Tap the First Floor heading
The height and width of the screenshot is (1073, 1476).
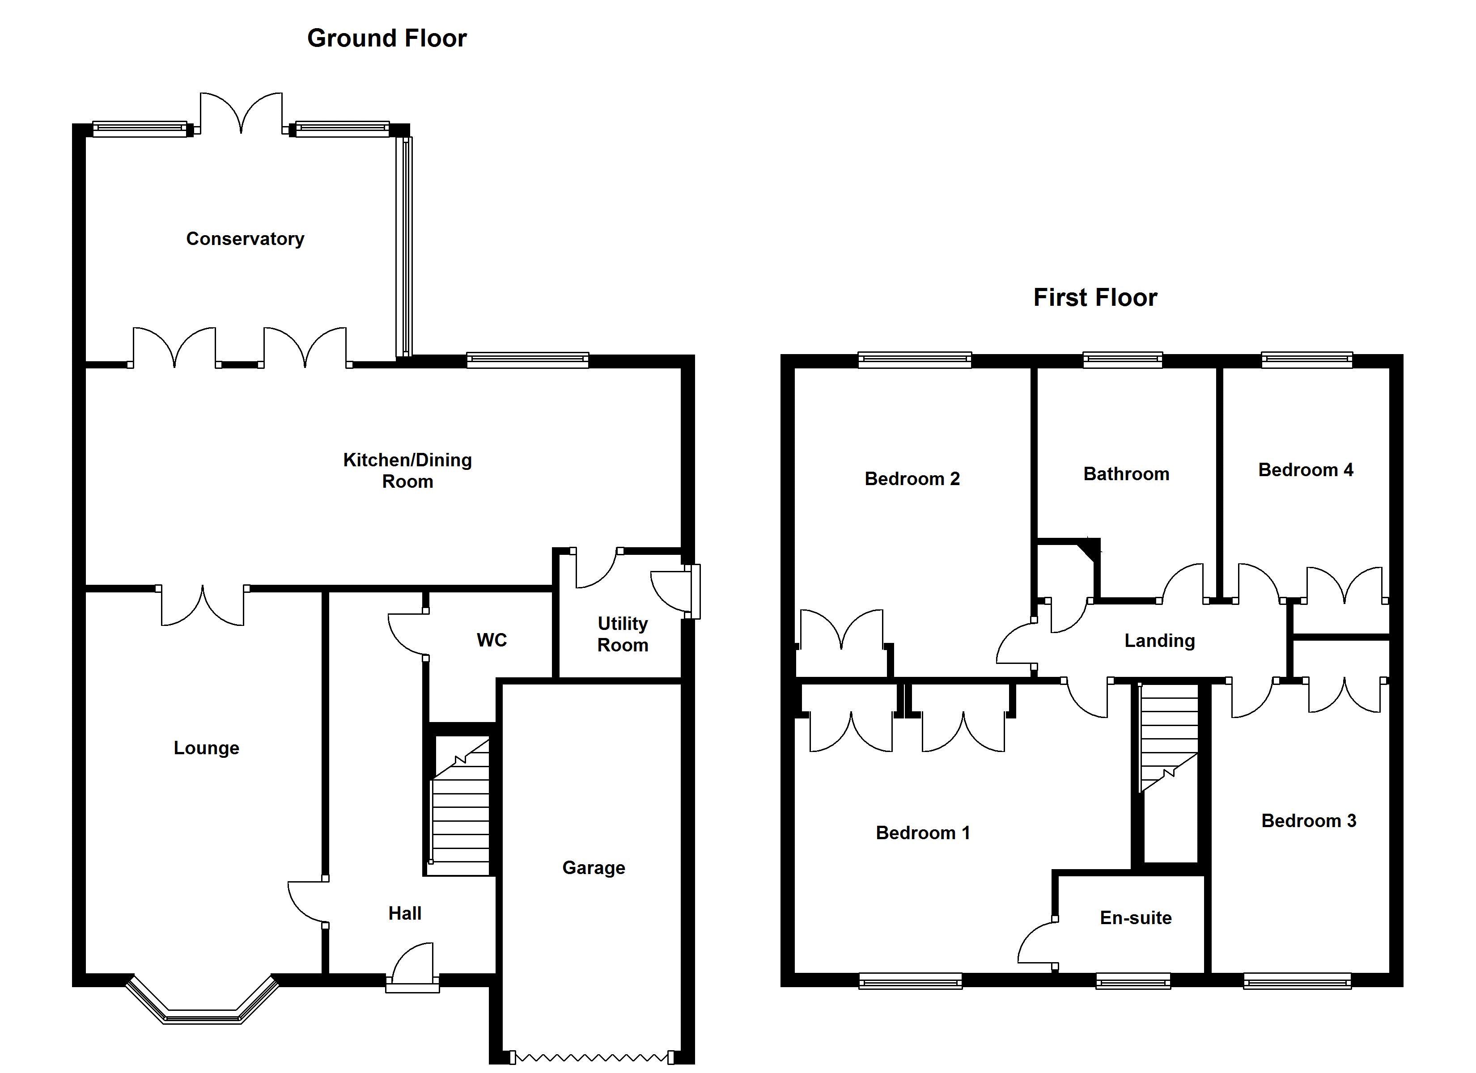pyautogui.click(x=1095, y=298)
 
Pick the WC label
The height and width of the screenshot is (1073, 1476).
pyautogui.click(x=492, y=640)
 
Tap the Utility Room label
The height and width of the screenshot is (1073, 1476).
pyautogui.click(x=623, y=634)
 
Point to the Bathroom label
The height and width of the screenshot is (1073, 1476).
pyautogui.click(x=1126, y=474)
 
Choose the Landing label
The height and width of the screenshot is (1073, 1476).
pyautogui.click(x=1160, y=641)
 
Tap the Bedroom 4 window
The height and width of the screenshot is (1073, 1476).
pyautogui.click(x=1307, y=359)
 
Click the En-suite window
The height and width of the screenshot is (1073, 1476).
pyautogui.click(x=1133, y=980)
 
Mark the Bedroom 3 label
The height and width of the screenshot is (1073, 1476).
pyautogui.click(x=1308, y=821)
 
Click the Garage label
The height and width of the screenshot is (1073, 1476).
pyautogui.click(x=594, y=868)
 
